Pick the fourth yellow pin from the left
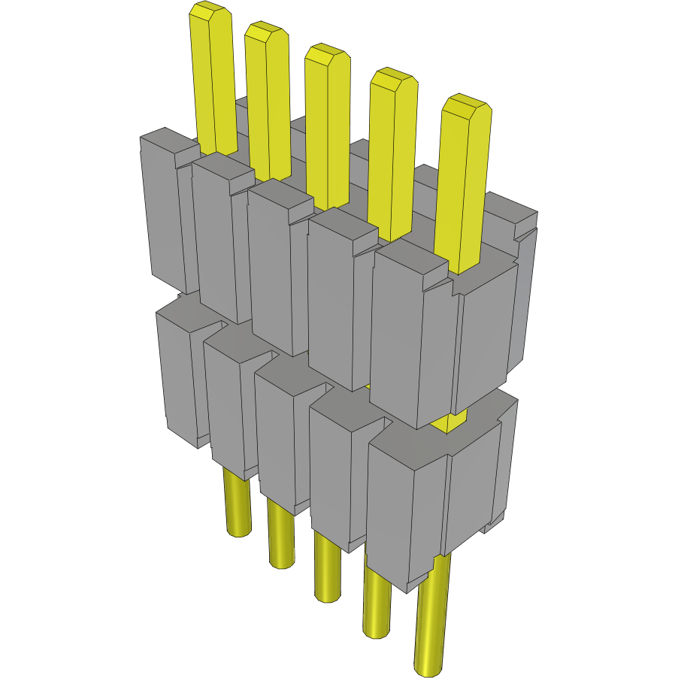pyautogui.click(x=393, y=150)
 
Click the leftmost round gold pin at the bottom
pyautogui.click(x=238, y=504)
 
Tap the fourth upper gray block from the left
pyautogui.click(x=331, y=301)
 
